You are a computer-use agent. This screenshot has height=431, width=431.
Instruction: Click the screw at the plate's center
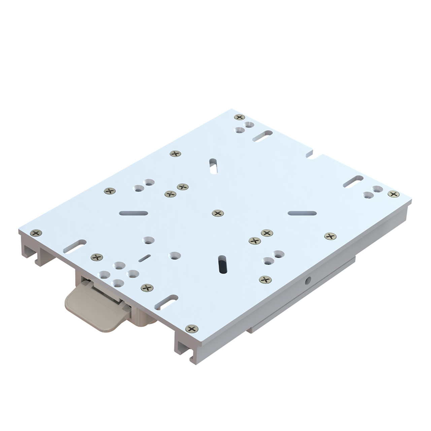point(218,213)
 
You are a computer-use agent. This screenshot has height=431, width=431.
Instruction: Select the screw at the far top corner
point(239,117)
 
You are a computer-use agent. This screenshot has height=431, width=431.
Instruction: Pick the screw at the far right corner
point(393,194)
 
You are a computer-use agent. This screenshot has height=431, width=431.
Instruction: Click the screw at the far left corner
point(36,232)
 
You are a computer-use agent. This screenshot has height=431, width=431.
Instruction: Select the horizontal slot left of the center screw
point(133,213)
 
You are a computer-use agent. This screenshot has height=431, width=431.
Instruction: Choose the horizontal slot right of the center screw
point(302,213)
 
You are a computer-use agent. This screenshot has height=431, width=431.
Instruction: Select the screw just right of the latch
point(146,288)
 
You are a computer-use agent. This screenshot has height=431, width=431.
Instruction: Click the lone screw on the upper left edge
point(175,154)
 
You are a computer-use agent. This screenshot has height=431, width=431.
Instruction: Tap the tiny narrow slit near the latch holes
point(144,258)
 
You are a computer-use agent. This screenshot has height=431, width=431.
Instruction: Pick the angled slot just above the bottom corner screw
point(166,301)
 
